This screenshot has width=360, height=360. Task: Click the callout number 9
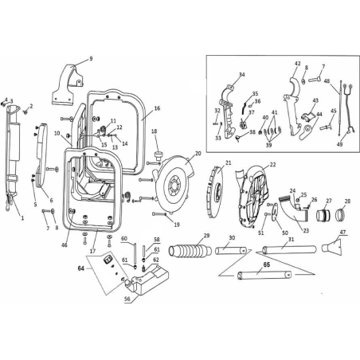[91, 58]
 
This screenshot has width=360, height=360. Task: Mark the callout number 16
[157, 108]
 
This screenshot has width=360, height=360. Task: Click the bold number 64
[80, 269]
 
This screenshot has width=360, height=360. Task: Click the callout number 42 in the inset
[297, 65]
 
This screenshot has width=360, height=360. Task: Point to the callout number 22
[272, 165]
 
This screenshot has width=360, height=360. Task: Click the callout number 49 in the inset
[338, 144]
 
